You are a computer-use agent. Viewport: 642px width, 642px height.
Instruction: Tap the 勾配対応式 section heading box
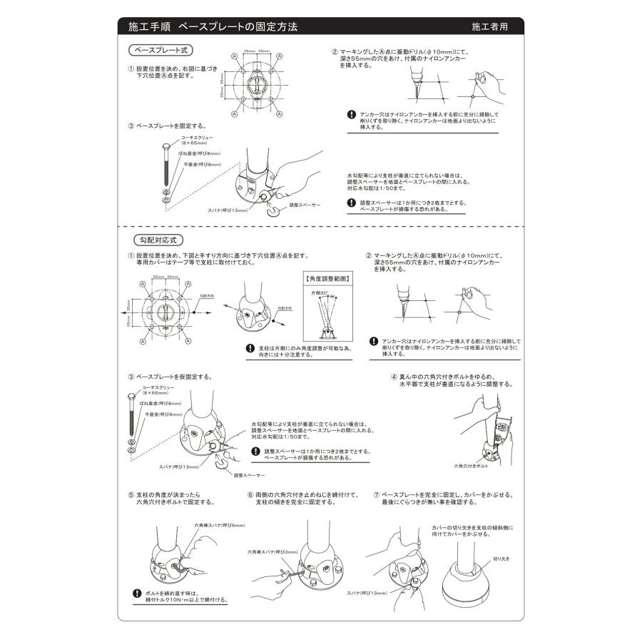[x=155, y=240]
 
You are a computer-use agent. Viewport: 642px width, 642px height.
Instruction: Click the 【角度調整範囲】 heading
[x=327, y=279]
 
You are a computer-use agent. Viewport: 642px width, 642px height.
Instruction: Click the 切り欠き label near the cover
[x=499, y=560]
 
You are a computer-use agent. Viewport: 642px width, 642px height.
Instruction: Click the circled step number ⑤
[x=131, y=494]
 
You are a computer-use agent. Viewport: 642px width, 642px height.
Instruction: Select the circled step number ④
[x=394, y=376]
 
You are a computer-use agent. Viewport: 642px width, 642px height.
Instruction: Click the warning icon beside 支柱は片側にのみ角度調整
[x=249, y=349]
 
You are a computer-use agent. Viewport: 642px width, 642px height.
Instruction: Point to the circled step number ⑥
[x=250, y=494]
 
